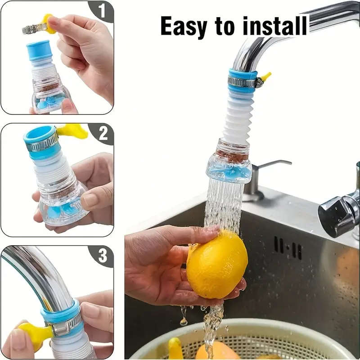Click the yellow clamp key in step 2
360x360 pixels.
click(72, 131)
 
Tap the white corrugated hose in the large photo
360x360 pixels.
click(237, 117)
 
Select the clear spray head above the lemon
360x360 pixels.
click(229, 169)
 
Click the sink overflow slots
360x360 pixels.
click(288, 247)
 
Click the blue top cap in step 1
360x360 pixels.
click(39, 49)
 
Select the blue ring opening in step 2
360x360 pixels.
click(40, 134)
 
